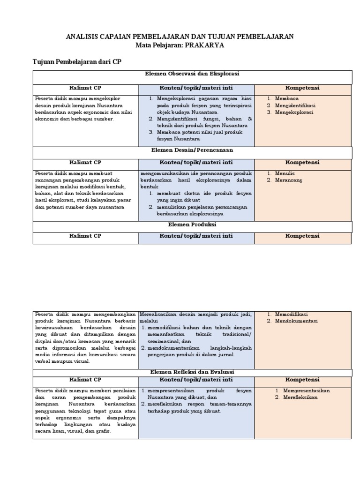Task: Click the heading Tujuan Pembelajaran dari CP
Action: coord(77,62)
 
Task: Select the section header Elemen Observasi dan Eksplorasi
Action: coord(192,74)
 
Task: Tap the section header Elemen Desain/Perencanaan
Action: coord(192,150)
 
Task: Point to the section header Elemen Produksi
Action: coord(192,225)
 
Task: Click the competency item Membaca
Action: coord(287,99)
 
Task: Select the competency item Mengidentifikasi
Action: coord(295,105)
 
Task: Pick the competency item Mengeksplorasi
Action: coord(294,112)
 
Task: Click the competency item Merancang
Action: coord(289,180)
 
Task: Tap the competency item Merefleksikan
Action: coord(300,397)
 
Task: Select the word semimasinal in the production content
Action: coord(165,341)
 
